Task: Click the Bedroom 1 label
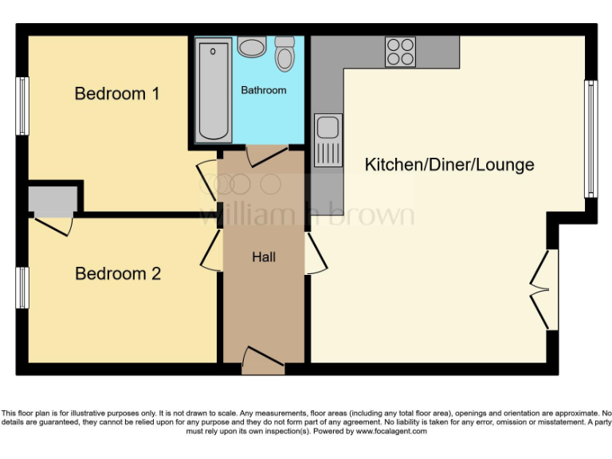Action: tap(117, 94)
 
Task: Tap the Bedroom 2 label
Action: tap(118, 274)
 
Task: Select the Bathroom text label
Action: tap(264, 90)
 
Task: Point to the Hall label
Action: tap(264, 257)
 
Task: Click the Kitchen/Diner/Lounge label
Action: tap(449, 165)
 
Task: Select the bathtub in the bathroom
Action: tap(213, 92)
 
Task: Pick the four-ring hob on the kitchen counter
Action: tap(401, 52)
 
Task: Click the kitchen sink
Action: tap(328, 141)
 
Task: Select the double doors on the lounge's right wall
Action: tap(542, 290)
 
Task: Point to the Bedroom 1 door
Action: tap(206, 179)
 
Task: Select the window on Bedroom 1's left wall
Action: tap(23, 105)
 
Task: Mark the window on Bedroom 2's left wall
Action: tap(23, 287)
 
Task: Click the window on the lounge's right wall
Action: tap(590, 139)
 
